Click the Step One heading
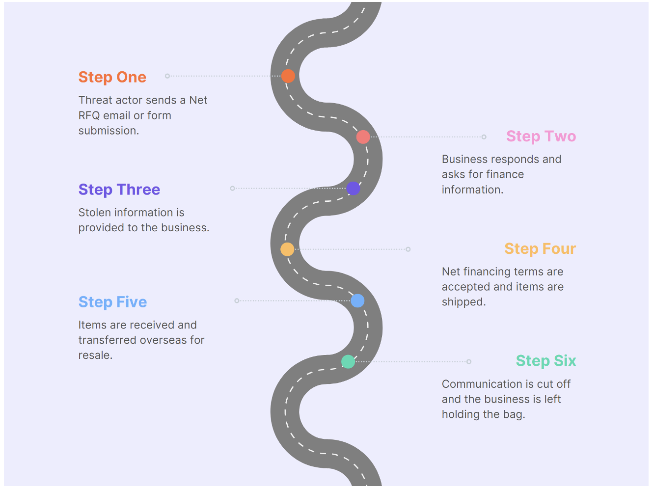pyautogui.click(x=112, y=77)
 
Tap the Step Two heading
pyautogui.click(x=541, y=136)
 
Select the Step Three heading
pyautogui.click(x=119, y=190)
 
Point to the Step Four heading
pyautogui.click(x=540, y=249)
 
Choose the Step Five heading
pyautogui.click(x=112, y=302)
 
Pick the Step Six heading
pyautogui.click(x=545, y=361)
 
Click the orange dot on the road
pyautogui.click(x=288, y=76)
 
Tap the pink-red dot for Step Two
pyautogui.click(x=363, y=137)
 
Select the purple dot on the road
pyautogui.click(x=353, y=188)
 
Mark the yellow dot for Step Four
pyautogui.click(x=287, y=249)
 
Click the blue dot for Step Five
pyautogui.click(x=357, y=300)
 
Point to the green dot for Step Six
pyautogui.click(x=348, y=362)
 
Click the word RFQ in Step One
pyautogui.click(x=89, y=115)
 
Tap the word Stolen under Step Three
pyautogui.click(x=94, y=213)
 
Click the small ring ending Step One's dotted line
pyautogui.click(x=167, y=76)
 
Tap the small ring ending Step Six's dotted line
pyautogui.click(x=469, y=362)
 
